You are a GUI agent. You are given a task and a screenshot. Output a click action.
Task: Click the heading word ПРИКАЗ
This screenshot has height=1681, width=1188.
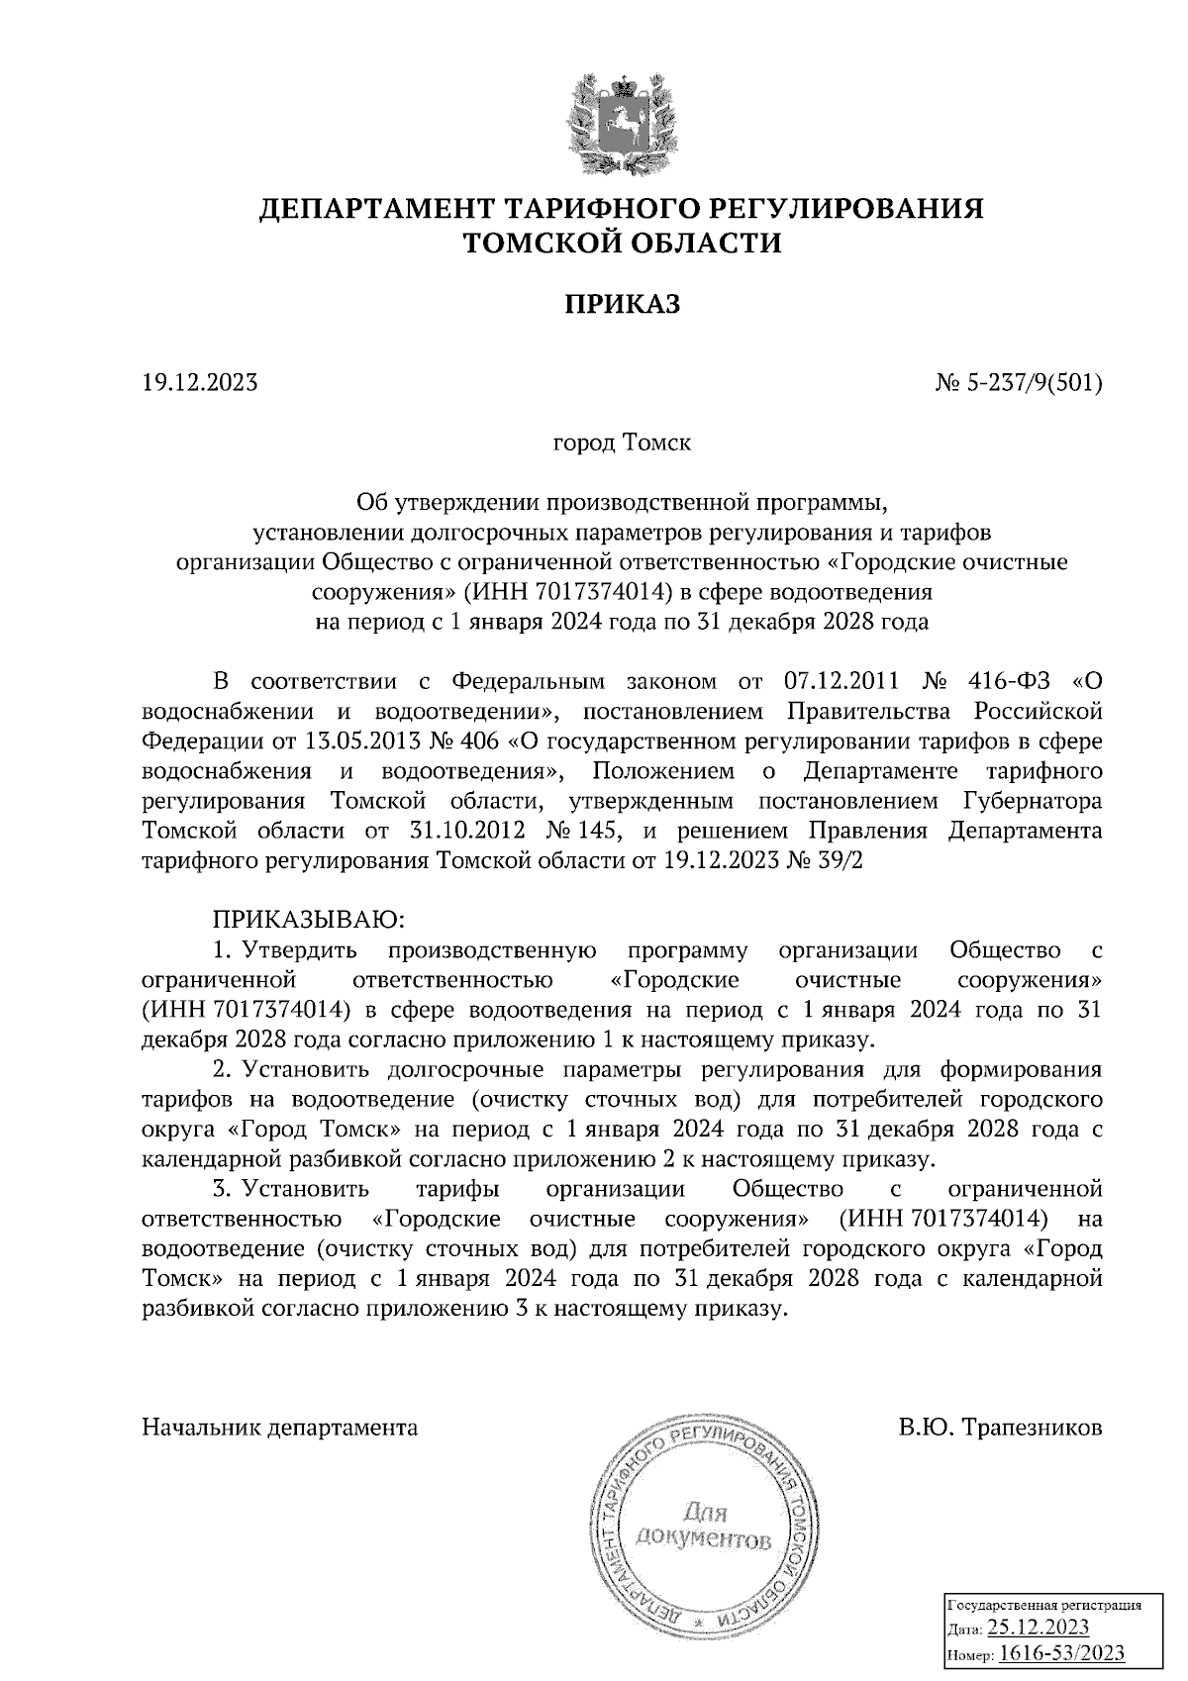[623, 305]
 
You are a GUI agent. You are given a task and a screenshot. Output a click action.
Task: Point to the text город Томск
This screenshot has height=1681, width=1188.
[623, 443]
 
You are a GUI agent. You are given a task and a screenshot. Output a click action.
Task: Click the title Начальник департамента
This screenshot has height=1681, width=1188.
[280, 1428]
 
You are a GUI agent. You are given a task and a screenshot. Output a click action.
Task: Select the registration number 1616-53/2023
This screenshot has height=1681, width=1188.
[1060, 1653]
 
